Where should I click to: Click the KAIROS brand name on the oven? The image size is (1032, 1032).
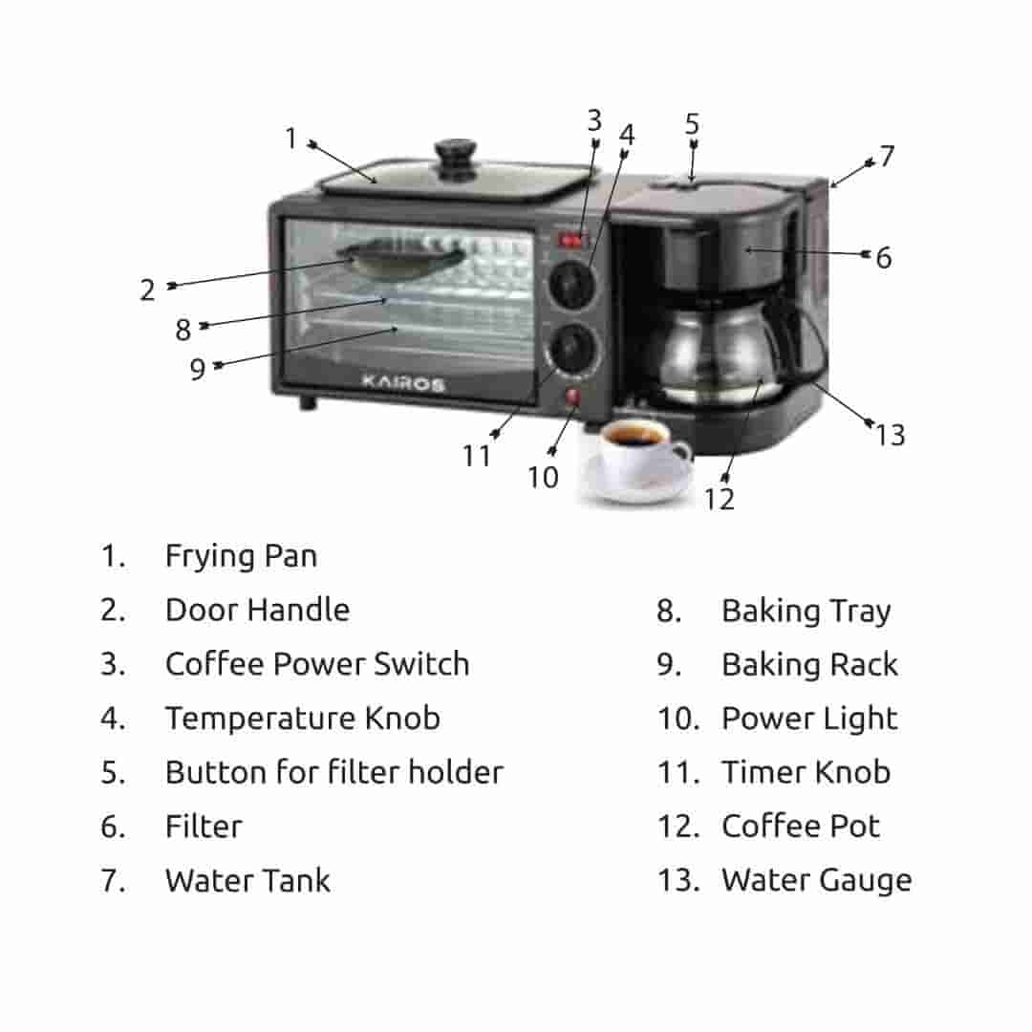[402, 383]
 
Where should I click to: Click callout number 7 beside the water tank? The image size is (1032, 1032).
[888, 156]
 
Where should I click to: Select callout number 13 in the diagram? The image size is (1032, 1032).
[890, 435]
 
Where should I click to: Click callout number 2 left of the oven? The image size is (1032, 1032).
[147, 290]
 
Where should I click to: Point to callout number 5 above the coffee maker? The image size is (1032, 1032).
[692, 124]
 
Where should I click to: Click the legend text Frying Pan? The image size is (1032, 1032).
[241, 555]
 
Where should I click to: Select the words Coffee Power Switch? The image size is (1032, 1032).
[317, 664]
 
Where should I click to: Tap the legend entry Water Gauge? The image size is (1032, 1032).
[816, 880]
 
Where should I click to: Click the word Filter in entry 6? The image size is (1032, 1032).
[204, 826]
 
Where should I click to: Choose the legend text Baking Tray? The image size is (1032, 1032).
[806, 611]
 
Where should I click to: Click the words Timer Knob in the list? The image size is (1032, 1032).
[806, 772]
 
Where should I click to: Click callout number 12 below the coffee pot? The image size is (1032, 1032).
[720, 498]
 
